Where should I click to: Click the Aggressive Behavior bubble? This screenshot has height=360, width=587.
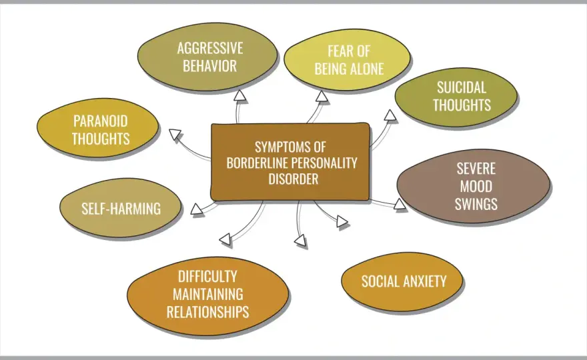click(x=207, y=57)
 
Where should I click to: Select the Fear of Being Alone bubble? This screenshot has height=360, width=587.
click(x=347, y=60)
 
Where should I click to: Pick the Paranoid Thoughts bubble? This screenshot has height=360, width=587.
click(x=98, y=127)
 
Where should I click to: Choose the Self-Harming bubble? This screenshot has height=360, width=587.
click(x=121, y=208)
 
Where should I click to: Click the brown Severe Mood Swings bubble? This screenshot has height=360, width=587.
click(x=474, y=186)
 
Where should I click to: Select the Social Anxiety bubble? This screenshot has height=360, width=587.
click(x=402, y=281)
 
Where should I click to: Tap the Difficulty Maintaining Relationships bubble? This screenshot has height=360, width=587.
click(x=207, y=295)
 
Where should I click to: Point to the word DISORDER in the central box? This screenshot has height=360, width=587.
click(x=293, y=179)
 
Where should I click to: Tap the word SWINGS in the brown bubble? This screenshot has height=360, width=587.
click(x=476, y=204)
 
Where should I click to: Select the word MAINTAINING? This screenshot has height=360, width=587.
click(x=207, y=294)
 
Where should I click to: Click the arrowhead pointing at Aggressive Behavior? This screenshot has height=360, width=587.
click(x=240, y=96)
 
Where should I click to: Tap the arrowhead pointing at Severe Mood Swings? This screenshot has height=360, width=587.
click(x=400, y=204)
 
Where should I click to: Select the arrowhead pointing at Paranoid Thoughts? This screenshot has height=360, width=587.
click(x=175, y=135)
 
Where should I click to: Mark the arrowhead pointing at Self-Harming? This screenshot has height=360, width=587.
click(x=196, y=209)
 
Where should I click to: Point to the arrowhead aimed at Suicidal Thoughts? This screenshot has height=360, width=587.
click(x=390, y=115)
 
